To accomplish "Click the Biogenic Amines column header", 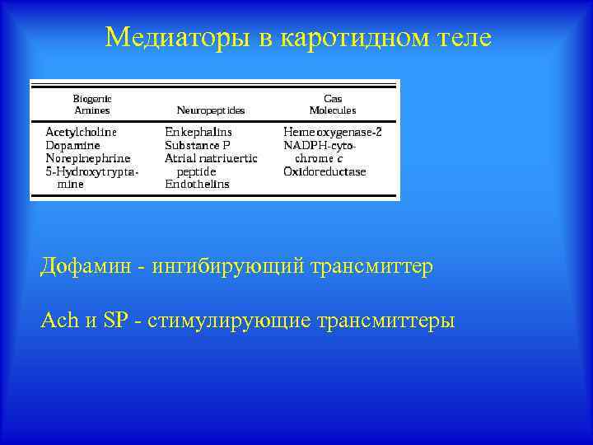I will tap(92, 104).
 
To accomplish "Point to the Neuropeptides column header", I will tap(211, 110).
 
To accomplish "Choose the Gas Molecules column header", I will tap(333, 104).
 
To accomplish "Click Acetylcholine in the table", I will tap(81, 132).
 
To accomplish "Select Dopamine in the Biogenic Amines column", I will tap(73, 145).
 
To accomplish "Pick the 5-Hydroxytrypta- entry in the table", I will tap(91, 171).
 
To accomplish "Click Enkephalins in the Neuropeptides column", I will tap(198, 132).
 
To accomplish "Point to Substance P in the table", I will tap(198, 145).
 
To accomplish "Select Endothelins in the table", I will tap(197, 185).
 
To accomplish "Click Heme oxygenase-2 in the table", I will tap(333, 132).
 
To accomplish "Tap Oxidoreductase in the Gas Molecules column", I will tap(325, 171).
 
